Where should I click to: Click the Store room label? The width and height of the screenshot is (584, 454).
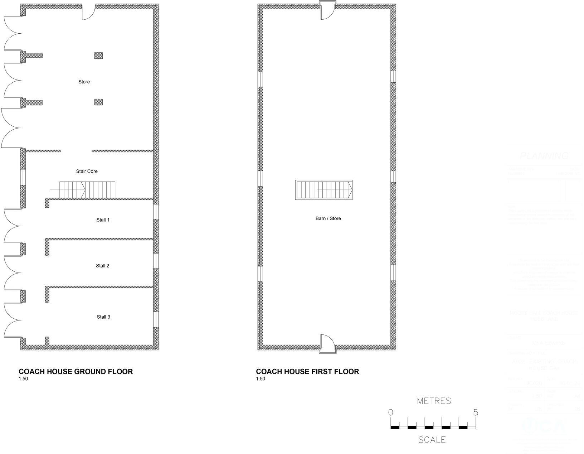(84, 82)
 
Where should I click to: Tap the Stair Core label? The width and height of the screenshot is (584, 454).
(87, 172)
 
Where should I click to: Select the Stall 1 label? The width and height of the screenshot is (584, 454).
(103, 220)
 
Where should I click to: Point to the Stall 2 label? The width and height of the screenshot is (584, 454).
(102, 266)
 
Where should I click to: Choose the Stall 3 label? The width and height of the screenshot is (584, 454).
(103, 317)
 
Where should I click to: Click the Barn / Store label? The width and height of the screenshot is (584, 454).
(328, 218)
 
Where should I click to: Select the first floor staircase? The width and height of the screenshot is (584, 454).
(324, 190)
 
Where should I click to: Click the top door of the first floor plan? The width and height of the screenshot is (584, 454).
(327, 10)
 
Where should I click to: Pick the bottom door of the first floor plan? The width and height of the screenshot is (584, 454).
(327, 344)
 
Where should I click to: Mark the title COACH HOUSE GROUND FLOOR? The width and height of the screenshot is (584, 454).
(76, 372)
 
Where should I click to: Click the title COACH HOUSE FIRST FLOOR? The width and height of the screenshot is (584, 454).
(307, 372)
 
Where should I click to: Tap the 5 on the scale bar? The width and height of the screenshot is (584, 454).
(475, 412)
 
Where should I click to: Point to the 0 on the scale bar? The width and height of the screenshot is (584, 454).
(390, 412)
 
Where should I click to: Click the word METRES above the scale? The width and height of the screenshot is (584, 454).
(434, 401)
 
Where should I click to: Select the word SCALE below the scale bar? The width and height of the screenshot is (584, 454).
(432, 440)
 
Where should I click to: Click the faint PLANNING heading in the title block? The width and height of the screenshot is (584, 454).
(544, 156)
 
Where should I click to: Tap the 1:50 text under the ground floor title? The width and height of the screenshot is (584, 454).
(23, 379)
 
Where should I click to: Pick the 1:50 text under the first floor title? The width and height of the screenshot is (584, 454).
(261, 379)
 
